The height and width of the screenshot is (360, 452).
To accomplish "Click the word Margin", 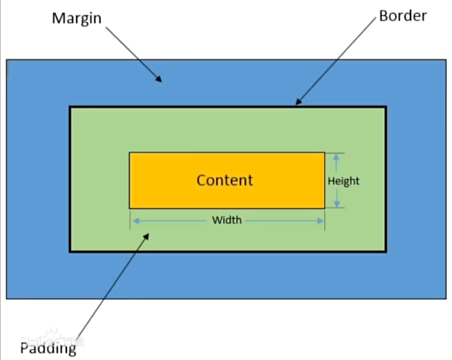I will click(76, 17).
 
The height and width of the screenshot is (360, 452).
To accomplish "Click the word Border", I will click(403, 16).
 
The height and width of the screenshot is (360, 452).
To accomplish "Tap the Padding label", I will click(48, 348).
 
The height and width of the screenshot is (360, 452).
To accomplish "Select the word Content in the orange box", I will click(225, 180).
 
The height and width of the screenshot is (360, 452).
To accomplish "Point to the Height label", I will click(343, 181).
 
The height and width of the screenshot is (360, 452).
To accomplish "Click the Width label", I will click(227, 220).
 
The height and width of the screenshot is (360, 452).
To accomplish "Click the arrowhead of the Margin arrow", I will click(160, 80).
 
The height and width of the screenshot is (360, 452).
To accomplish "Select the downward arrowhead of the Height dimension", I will click(336, 204).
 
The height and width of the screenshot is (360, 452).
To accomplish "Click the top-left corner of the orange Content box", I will click(130, 153).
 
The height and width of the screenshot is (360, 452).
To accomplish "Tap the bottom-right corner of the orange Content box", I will click(324, 207).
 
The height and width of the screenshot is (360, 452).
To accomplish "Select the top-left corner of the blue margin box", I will click(7, 60).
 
